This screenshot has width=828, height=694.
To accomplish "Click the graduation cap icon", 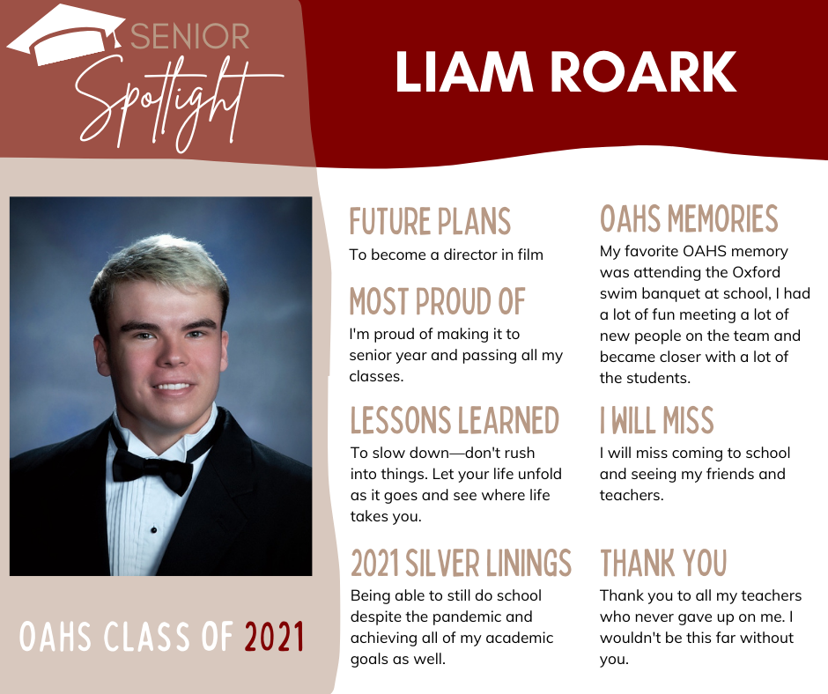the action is pyautogui.click(x=66, y=33).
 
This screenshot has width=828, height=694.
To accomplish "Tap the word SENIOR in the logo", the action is pyautogui.click(x=189, y=36).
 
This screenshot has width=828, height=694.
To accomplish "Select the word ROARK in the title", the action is pyautogui.click(x=644, y=72).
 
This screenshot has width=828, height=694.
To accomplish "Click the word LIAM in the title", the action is pyautogui.click(x=463, y=72).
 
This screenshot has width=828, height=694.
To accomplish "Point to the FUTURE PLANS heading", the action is pyautogui.click(x=430, y=221).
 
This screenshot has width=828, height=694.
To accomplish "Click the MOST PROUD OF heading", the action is pyautogui.click(x=437, y=301).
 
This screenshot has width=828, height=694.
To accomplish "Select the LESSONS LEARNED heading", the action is pyautogui.click(x=455, y=420).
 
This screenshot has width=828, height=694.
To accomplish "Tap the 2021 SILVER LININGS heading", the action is pyautogui.click(x=461, y=563).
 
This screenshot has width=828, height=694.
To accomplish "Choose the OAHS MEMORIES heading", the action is pyautogui.click(x=689, y=218).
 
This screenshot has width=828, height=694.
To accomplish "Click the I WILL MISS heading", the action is pyautogui.click(x=657, y=420).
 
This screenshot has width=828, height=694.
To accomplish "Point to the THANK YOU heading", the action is pyautogui.click(x=664, y=563).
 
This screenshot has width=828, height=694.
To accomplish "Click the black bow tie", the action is pyautogui.click(x=153, y=470).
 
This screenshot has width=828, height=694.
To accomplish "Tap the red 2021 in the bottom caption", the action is pyautogui.click(x=274, y=637).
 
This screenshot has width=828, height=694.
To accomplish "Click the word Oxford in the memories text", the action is pyautogui.click(x=756, y=272).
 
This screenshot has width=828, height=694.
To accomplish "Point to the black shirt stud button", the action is pyautogui.click(x=153, y=529).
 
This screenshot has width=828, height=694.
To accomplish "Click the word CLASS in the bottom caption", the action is pyautogui.click(x=147, y=637).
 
